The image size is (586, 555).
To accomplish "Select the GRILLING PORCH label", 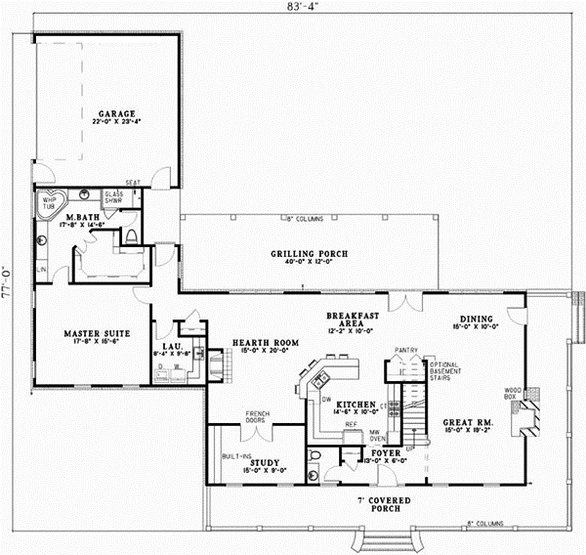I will click(309, 254).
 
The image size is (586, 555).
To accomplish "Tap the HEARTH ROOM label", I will click(257, 343).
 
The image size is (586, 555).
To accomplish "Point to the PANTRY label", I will click(405, 349).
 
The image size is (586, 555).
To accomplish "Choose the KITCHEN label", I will click(356, 404).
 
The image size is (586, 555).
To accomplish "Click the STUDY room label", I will click(265, 462).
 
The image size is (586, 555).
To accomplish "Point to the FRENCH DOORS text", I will click(257, 417).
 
